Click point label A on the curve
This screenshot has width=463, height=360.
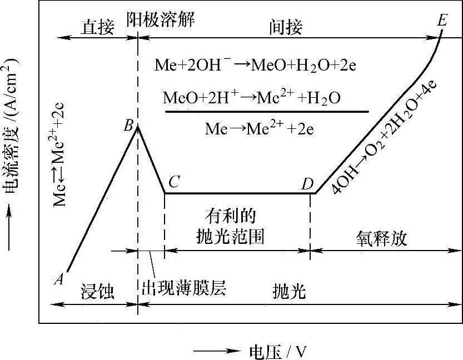click(x=58, y=279)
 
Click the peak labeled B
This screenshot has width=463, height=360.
click(x=128, y=126)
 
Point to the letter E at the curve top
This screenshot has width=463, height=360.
click(x=442, y=21)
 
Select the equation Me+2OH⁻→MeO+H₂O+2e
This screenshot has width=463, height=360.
click(x=255, y=66)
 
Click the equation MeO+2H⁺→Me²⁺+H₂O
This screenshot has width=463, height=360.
click(x=252, y=98)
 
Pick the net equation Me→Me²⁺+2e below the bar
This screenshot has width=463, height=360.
click(x=260, y=129)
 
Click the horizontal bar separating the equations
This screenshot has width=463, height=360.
click(x=267, y=112)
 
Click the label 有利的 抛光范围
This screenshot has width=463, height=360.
click(x=230, y=227)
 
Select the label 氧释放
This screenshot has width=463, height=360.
click(x=382, y=238)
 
